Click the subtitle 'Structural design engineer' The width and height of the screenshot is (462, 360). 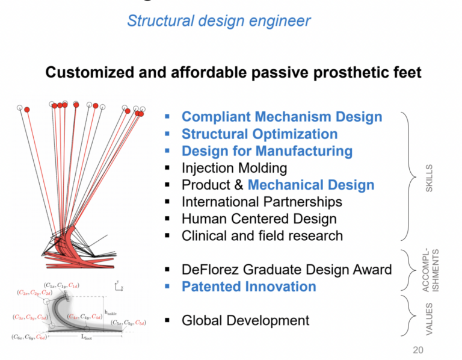point(219,21)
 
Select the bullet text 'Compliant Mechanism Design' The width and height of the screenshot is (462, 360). point(282,117)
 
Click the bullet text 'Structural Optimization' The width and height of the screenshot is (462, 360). point(259,134)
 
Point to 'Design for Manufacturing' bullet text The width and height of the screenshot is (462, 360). point(266,151)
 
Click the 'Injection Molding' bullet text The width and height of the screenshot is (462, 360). point(234,168)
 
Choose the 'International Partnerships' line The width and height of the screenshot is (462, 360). point(262,202)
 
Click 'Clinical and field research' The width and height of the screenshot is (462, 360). point(262,235)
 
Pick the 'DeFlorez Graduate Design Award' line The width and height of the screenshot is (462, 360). point(286,269)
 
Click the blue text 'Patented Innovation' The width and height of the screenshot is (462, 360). point(248,287)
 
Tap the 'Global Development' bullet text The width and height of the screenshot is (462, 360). point(245,320)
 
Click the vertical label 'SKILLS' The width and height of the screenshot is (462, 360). point(428,178)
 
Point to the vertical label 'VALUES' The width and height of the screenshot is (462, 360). point(428,320)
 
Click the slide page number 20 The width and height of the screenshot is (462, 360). point(418,349)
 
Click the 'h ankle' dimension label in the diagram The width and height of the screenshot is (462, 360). point(110,312)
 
